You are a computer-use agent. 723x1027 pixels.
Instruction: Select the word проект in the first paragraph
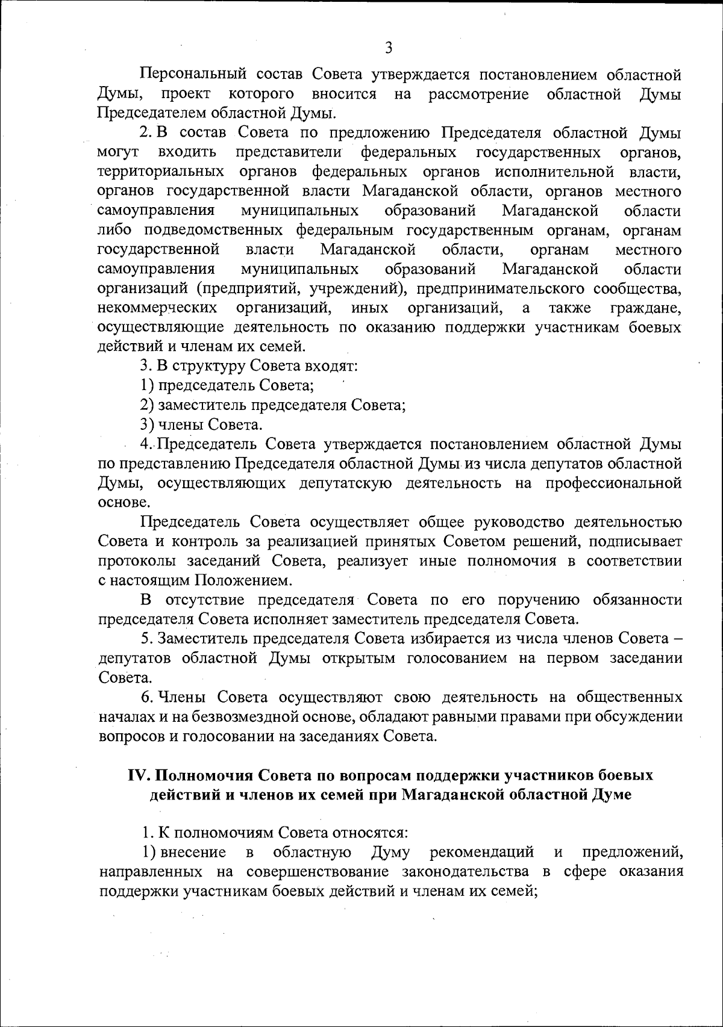pyautogui.click(x=186, y=95)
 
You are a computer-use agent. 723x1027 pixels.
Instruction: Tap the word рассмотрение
pyautogui.click(x=478, y=95)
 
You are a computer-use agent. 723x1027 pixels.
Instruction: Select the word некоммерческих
pyautogui.click(x=157, y=309)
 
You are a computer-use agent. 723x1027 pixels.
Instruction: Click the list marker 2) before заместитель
pyautogui.click(x=147, y=405)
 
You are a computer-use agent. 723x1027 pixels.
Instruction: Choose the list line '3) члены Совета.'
pyautogui.click(x=201, y=425)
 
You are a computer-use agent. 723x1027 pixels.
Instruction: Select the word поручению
pyautogui.click(x=537, y=600)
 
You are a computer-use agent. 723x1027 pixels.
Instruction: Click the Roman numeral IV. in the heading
pyautogui.click(x=139, y=775)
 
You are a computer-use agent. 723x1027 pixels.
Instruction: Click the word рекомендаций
pyautogui.click(x=482, y=852)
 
